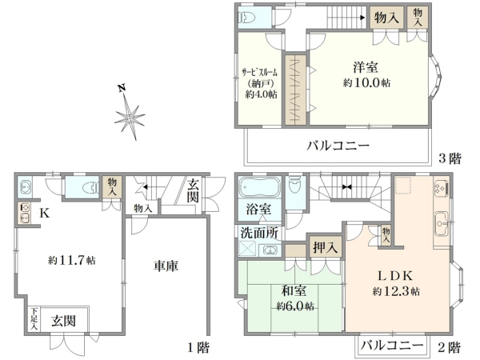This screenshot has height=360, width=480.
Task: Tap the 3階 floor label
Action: [x=449, y=158]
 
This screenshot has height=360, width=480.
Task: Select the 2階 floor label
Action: [x=449, y=348]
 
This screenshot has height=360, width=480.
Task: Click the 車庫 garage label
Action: [x=164, y=267]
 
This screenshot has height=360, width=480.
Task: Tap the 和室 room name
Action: [x=294, y=292]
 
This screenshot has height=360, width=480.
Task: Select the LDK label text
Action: [x=396, y=277]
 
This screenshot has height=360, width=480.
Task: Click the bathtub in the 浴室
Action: [x=257, y=189]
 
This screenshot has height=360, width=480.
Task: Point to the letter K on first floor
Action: [x=45, y=214]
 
